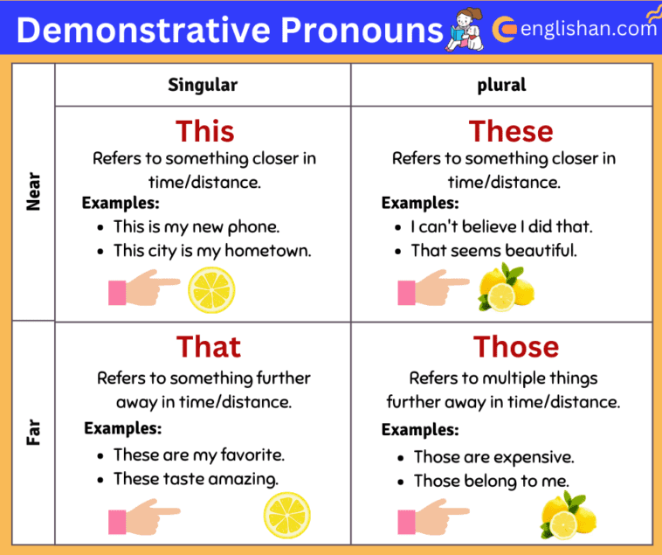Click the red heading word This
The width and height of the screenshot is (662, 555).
point(204,131)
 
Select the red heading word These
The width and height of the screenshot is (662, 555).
point(511,131)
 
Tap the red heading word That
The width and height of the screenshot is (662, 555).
point(208,346)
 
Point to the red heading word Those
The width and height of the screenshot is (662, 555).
point(515,346)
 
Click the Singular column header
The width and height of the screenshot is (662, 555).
point(203,85)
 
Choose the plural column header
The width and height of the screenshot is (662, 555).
point(501,85)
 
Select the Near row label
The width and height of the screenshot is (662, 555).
point(34,191)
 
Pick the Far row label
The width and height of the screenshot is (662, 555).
point(34,433)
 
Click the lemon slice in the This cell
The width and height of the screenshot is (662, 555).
point(211,290)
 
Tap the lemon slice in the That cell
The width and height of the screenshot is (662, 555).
point(286,514)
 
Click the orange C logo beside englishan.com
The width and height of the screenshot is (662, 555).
point(504,30)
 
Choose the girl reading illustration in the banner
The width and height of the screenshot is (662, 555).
point(464,30)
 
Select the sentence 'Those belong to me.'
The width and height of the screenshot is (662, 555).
point(491,481)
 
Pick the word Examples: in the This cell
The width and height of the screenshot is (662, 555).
point(121,203)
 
